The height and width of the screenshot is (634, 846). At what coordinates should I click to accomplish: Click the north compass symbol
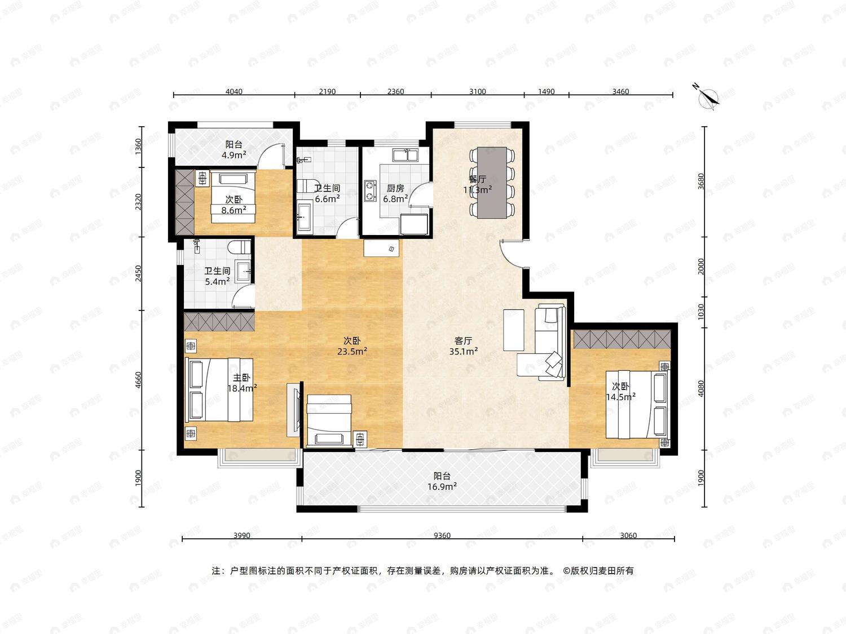click(x=708, y=97)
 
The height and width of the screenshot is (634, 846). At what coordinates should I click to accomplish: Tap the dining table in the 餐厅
click(x=492, y=183)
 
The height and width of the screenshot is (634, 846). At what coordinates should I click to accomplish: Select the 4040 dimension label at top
click(x=234, y=92)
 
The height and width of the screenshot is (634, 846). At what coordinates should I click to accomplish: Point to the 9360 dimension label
click(x=442, y=535)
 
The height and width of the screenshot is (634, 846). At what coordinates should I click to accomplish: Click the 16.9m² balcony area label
click(x=442, y=486)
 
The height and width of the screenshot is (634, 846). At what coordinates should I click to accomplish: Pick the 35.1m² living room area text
click(x=464, y=351)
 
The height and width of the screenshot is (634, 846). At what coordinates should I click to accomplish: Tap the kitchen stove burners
click(x=370, y=191)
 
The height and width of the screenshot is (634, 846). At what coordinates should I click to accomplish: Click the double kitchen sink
click(x=405, y=155)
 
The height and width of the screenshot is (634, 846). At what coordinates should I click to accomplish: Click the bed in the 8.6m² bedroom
click(x=233, y=197)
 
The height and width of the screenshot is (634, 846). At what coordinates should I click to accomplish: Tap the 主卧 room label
click(x=241, y=378)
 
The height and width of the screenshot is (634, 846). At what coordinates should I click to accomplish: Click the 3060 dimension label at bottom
click(x=628, y=535)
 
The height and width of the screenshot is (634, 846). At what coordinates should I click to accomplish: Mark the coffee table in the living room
click(x=513, y=330)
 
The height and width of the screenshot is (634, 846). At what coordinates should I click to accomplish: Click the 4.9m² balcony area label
click(x=234, y=155)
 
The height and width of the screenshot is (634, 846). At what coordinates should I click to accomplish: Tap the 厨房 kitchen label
click(x=395, y=188)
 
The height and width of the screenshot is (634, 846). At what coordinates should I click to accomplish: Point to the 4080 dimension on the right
click(x=701, y=388)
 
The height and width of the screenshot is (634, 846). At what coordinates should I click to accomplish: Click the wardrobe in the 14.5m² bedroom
click(x=622, y=339)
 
